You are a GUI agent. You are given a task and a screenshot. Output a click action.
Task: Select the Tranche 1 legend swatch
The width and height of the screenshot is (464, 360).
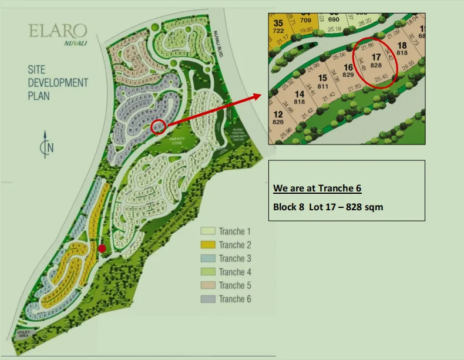point(209,231)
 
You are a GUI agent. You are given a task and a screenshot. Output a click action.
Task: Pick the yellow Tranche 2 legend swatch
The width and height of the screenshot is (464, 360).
point(209,245)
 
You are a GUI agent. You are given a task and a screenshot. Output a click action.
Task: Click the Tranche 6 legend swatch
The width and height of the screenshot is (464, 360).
point(209,299)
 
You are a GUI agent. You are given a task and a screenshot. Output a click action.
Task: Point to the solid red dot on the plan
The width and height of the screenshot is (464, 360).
point(102,248)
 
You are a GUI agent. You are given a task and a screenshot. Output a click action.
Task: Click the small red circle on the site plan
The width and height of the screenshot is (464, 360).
point(158,126)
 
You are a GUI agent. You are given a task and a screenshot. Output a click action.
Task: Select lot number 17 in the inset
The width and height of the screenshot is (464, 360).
point(376,57)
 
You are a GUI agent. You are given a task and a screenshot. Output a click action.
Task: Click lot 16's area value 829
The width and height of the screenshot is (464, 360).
point(348,75)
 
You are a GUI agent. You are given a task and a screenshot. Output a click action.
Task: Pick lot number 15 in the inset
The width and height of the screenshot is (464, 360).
point(322,78)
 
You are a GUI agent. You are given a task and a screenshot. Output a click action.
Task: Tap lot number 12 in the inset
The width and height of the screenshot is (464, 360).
point(278,114)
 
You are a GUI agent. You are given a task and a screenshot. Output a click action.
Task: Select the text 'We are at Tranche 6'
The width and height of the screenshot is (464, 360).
point(317,189)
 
